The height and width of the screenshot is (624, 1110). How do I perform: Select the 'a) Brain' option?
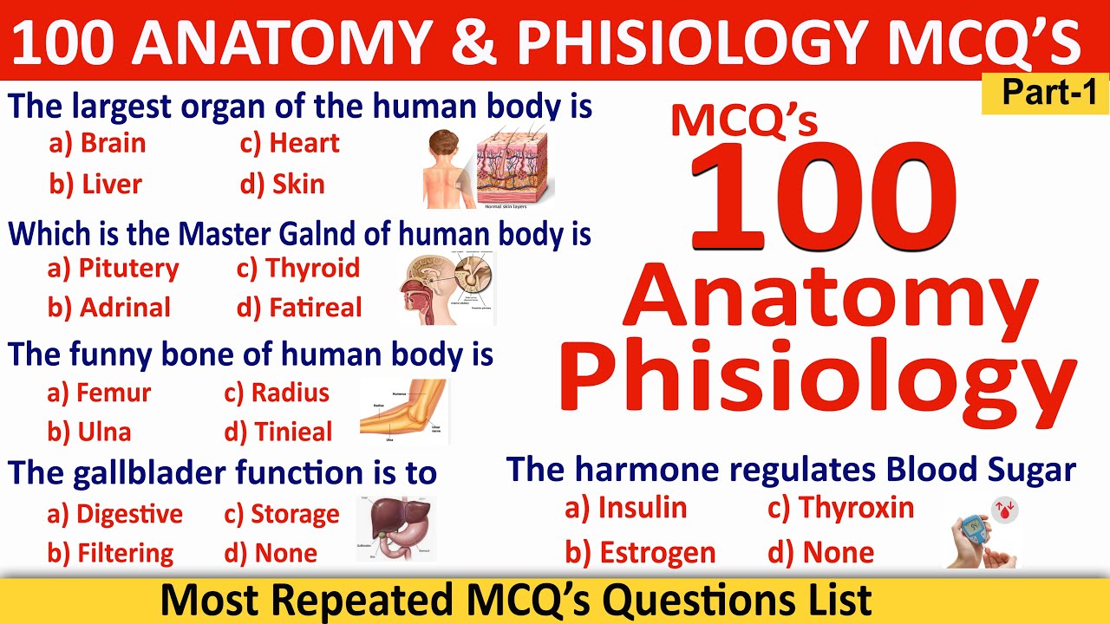[x=97, y=143]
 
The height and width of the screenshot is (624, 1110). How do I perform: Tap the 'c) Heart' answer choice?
[x=290, y=143]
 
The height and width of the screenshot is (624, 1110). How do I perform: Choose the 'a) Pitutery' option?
[x=113, y=269]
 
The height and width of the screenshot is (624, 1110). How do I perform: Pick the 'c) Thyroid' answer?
[x=297, y=269]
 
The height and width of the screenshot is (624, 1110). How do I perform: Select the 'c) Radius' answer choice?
[x=277, y=393]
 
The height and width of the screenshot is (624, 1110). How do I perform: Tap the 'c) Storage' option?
[x=282, y=514]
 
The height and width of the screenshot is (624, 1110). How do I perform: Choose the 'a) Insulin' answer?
[x=625, y=508]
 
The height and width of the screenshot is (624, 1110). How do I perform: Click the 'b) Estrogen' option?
[x=640, y=552]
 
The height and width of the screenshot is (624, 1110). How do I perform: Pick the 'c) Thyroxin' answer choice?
[x=840, y=508]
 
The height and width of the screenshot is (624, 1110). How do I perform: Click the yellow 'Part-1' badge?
[x=1044, y=94]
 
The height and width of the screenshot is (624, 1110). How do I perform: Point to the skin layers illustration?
[x=515, y=166]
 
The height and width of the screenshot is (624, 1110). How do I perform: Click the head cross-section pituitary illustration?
[x=446, y=289]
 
